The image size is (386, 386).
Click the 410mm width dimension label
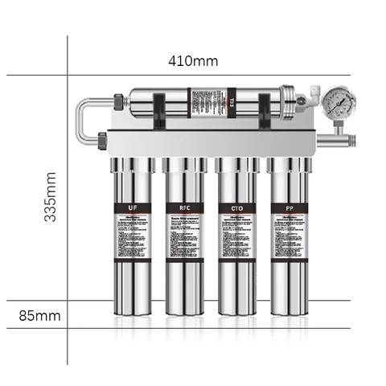[193, 61]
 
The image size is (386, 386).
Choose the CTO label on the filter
[237, 208]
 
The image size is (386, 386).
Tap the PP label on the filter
[289, 208]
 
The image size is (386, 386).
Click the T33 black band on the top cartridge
[232, 103]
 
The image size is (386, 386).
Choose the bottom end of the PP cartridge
[289, 310]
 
